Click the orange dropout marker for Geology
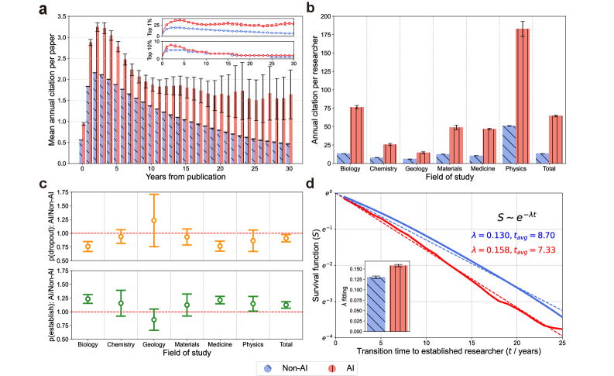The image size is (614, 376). tap(153, 220)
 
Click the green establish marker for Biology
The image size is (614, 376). tap(87, 298)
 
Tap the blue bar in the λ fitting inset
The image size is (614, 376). tap(376, 305)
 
